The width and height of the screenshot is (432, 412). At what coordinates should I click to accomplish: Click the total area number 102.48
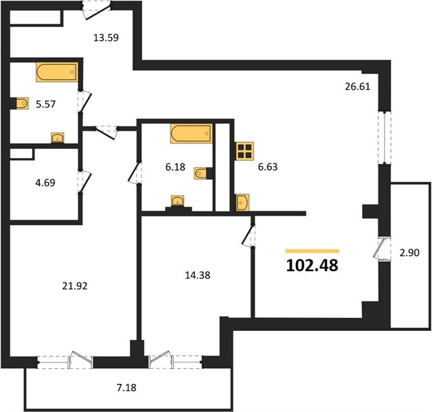coord(312,266)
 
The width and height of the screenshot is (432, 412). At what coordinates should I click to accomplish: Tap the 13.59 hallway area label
coord(106,38)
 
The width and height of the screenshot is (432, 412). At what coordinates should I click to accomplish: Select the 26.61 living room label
coord(358,87)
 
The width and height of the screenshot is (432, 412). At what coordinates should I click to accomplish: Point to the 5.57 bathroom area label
coord(46,104)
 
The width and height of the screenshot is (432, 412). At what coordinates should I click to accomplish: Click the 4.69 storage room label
coord(45,183)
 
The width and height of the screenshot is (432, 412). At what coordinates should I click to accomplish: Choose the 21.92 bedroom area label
coord(75,286)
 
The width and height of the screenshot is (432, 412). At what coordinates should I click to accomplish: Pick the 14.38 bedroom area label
coord(198,275)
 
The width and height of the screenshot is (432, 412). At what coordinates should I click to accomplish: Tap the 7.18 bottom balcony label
coord(126,388)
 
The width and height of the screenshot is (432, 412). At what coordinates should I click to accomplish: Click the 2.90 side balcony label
coord(409,253)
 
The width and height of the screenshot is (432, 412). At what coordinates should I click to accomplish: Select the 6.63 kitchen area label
coord(268,167)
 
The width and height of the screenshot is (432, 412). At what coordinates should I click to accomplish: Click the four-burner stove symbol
coord(245,151)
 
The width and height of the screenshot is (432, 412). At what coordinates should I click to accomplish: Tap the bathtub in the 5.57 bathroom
coord(57,72)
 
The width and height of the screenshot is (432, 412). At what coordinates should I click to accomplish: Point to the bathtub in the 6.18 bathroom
coord(192,134)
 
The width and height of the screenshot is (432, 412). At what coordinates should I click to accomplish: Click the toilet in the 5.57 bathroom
coord(20,104)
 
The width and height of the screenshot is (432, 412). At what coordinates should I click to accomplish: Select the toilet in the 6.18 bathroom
coord(203,173)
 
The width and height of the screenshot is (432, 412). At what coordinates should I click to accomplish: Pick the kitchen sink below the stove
coord(242,203)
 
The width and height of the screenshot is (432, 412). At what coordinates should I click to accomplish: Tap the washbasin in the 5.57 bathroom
coord(58,138)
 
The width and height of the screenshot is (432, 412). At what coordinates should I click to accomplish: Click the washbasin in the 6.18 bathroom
coord(178,201)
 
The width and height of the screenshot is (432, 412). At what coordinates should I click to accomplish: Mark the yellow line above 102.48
coord(312,251)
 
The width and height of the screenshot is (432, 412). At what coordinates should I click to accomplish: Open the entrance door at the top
coord(96,10)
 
